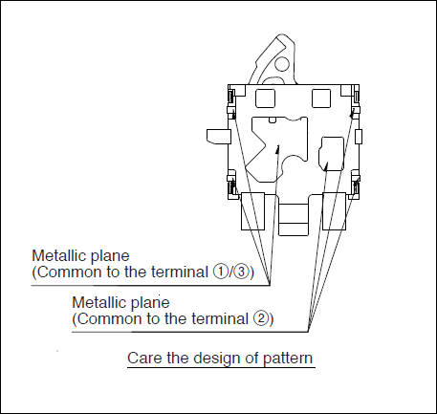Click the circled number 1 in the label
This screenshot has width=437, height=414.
click(220, 272)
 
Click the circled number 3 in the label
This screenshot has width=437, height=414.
click(242, 272)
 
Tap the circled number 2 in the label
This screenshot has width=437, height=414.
click(261, 318)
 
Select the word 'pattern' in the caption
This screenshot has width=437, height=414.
click(288, 359)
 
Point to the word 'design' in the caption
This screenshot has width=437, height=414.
click(217, 359)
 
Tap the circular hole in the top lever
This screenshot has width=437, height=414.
click(282, 63)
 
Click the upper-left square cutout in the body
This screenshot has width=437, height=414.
click(265, 98)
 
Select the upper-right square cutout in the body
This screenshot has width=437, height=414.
click(321, 98)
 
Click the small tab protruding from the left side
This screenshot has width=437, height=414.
click(219, 137)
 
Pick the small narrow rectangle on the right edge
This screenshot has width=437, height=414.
click(359, 137)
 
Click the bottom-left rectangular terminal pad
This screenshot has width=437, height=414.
click(253, 211)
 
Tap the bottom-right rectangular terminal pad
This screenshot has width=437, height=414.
click(334, 211)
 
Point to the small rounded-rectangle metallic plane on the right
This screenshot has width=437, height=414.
click(332, 154)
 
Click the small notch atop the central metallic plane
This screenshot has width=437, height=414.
click(272, 120)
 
